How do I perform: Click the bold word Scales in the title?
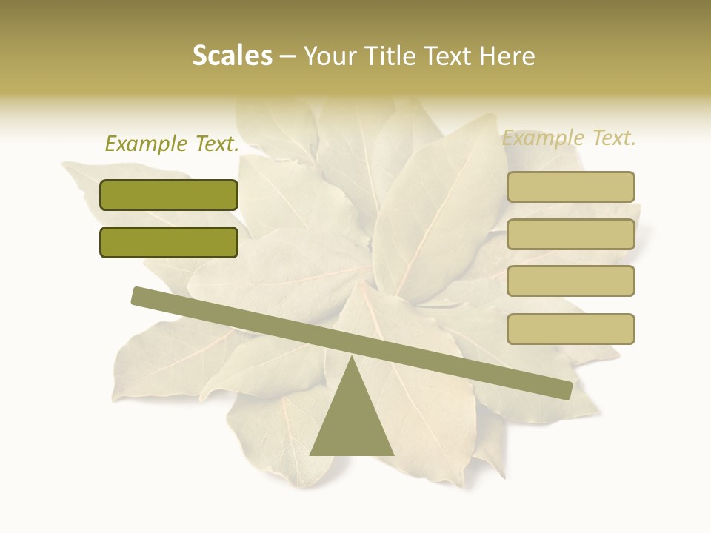(x=232, y=56)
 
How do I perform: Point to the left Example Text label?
(x=172, y=144)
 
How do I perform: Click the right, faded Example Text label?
(x=569, y=138)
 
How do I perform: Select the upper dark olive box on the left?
(x=169, y=195)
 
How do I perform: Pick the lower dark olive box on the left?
(x=169, y=242)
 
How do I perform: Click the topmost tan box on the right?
(x=570, y=187)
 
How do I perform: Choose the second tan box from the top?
(x=570, y=234)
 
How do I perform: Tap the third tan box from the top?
(x=570, y=281)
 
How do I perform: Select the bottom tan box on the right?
(x=570, y=329)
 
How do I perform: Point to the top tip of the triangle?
(x=353, y=357)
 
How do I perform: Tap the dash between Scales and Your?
(x=288, y=56)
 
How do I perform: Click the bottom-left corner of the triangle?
(x=312, y=454)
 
